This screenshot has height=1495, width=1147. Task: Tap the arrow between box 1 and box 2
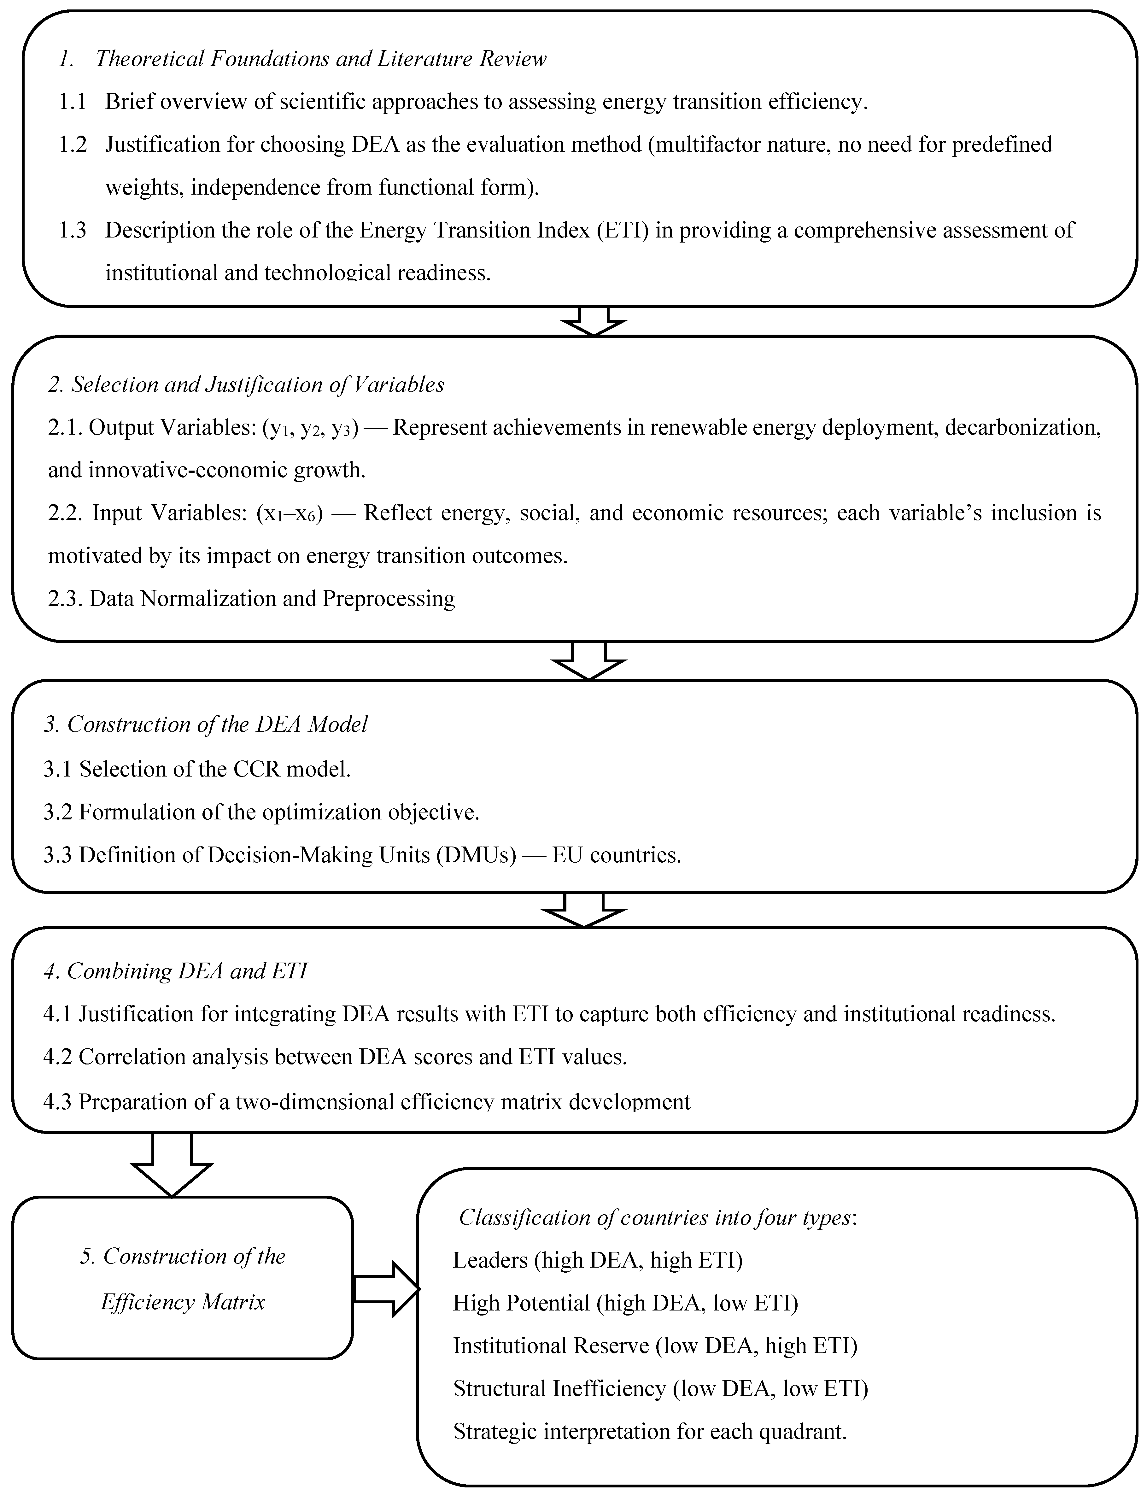tap(593, 321)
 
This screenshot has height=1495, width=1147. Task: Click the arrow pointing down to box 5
tap(171, 1164)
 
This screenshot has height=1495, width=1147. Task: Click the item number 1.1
tap(72, 102)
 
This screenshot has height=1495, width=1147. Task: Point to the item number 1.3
tap(72, 230)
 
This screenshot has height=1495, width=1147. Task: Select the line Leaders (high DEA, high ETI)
tap(597, 1259)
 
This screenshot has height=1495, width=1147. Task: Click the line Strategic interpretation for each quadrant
tap(649, 1432)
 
